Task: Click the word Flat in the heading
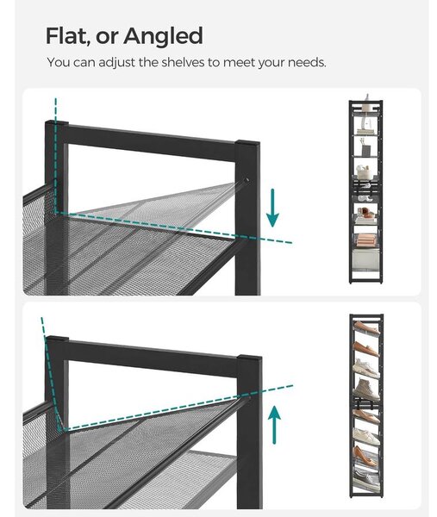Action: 66,36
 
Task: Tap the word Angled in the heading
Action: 163,37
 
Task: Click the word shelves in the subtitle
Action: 183,62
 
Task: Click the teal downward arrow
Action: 272,208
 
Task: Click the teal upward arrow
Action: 274,425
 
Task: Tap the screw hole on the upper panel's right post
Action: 247,180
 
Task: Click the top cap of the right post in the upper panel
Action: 247,144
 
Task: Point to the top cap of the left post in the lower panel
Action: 57,339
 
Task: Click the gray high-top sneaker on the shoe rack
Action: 366,389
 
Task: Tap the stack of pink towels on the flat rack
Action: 365,239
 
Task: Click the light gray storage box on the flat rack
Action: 365,259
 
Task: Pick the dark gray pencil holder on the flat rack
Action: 366,151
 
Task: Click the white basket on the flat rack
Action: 366,173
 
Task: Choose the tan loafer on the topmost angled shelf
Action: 366,327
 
